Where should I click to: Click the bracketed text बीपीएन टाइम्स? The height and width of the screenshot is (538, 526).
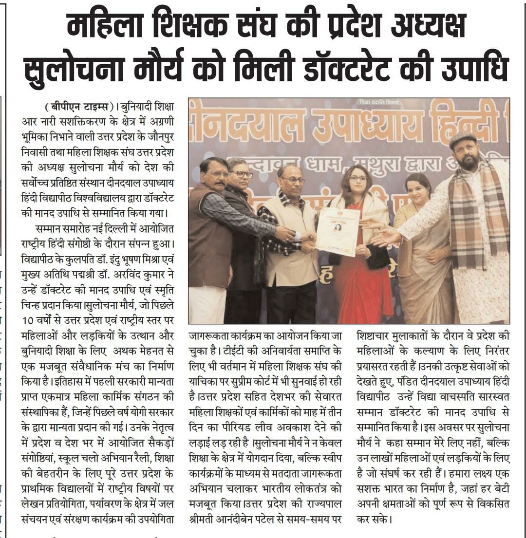click(78, 106)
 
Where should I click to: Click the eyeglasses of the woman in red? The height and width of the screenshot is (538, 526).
click(358, 178)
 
